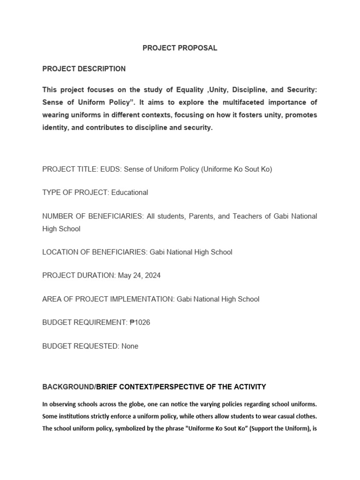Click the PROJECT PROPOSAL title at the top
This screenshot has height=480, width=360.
180,48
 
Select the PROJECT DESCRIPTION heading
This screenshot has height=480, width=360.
84,68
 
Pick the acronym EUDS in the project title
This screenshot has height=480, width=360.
110,169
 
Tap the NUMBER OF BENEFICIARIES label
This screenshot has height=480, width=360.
92,216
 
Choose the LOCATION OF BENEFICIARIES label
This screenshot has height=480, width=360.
95,252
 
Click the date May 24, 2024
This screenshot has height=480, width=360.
139,275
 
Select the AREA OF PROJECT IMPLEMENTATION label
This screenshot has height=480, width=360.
108,299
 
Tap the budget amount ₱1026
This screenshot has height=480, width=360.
140,322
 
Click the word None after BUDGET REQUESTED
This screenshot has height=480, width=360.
130,346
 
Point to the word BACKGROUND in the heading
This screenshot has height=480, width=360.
68,387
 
